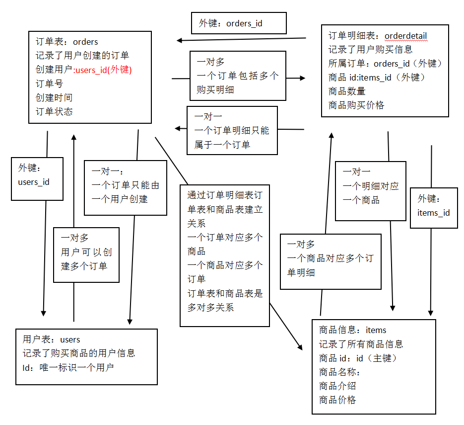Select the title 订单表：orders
click(67, 42)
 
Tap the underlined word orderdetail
click(406, 36)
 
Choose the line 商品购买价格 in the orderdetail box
click(356, 105)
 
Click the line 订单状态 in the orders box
click(54, 111)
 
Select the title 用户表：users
click(52, 340)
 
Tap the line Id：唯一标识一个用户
click(68, 367)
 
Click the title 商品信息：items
click(352, 330)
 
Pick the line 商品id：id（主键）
click(358, 358)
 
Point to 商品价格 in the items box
click(337, 400)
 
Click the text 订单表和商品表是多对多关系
click(225, 300)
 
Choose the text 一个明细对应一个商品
click(371, 193)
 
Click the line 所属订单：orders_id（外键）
click(385, 64)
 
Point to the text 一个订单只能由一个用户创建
click(126, 192)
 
